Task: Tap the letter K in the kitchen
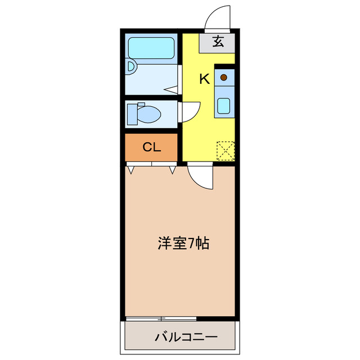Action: (x=205, y=79)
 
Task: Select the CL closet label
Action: (x=152, y=147)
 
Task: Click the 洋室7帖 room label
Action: (x=183, y=244)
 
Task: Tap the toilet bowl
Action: (x=148, y=115)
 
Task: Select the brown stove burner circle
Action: (x=224, y=77)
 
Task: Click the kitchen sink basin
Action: (x=224, y=105)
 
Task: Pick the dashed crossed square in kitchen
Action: (x=225, y=150)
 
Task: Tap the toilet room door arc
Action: (x=190, y=111)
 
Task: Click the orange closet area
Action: (x=152, y=147)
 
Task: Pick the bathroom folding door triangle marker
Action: (x=172, y=88)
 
